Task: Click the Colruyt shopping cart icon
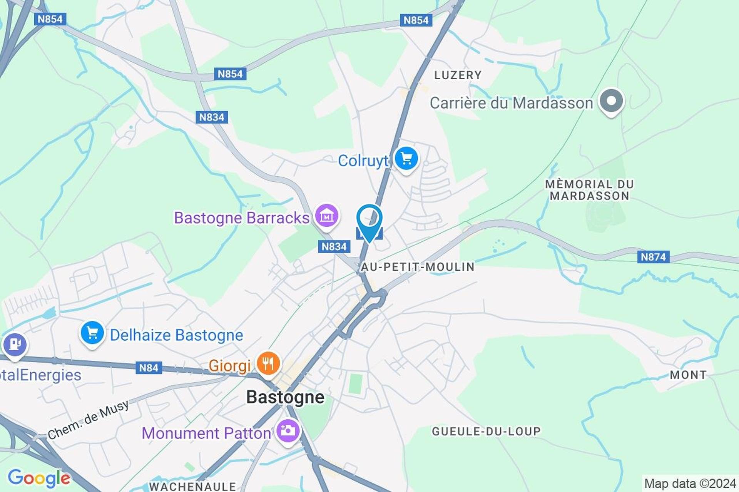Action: point(406,159)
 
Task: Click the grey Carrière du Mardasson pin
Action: point(611,101)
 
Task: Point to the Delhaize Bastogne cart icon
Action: point(92,333)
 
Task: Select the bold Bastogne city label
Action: point(285,397)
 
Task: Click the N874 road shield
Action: point(653,257)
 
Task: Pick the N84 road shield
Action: point(149,368)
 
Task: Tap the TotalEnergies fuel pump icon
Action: point(15,344)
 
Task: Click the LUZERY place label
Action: point(458,75)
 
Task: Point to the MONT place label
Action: point(688,375)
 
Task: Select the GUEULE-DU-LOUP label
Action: point(486,431)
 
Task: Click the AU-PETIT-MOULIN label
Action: point(418,267)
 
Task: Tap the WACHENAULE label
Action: point(192,487)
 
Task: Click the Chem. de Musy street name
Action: point(88,420)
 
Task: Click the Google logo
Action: point(39,478)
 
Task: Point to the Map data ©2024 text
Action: point(690,484)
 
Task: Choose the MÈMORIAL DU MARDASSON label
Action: point(589,190)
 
